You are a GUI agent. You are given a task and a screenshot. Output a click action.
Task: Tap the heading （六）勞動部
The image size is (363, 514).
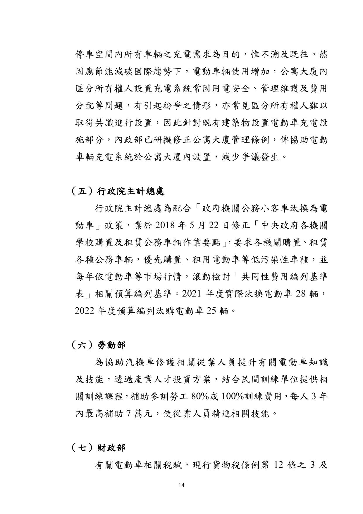point(98,345)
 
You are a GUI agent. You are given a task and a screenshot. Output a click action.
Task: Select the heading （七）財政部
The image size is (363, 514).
point(98,447)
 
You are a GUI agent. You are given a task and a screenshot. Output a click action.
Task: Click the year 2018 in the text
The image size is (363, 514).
point(166,226)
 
